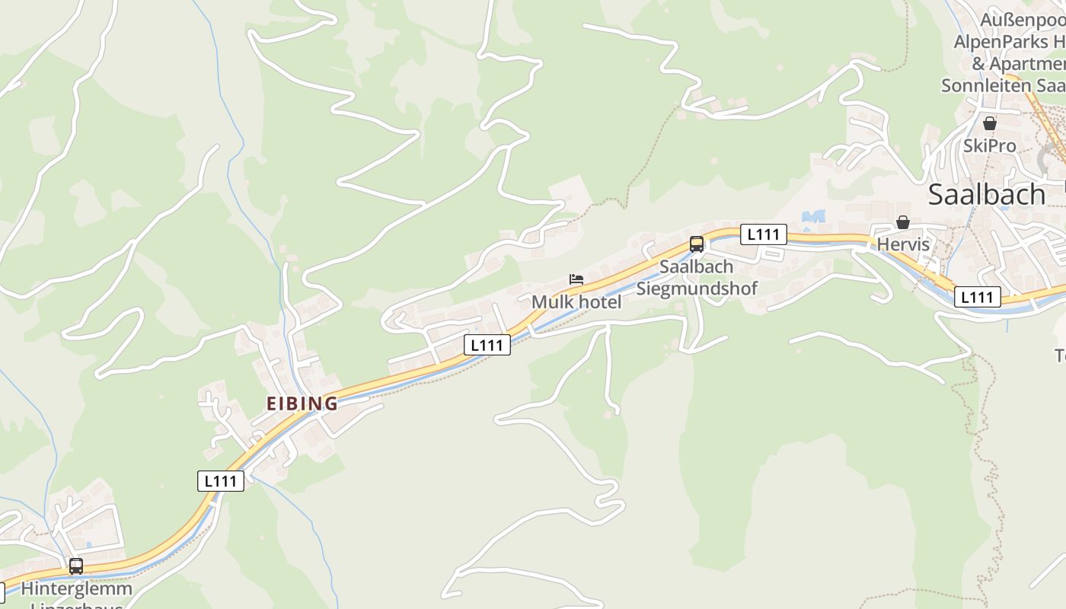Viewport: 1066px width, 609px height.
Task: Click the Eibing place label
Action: (x=302, y=403)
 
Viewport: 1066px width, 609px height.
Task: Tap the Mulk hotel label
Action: (x=576, y=302)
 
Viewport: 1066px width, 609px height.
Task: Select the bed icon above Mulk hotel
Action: (x=576, y=279)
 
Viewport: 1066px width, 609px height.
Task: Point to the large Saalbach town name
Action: (x=987, y=195)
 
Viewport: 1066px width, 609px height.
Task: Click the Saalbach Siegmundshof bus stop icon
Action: (x=696, y=244)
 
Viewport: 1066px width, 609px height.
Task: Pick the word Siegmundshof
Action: (x=697, y=289)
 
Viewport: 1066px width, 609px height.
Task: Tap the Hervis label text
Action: (x=903, y=244)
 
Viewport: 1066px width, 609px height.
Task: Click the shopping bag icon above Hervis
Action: (x=902, y=222)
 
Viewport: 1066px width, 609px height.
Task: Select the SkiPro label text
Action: (x=989, y=145)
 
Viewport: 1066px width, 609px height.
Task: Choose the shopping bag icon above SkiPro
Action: (x=989, y=123)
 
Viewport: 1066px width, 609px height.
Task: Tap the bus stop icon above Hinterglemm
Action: (x=76, y=566)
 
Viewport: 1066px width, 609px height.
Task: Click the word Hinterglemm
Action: (x=76, y=588)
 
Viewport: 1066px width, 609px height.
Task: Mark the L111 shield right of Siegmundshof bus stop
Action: (x=763, y=234)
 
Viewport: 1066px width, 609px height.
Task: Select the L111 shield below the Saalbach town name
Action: (x=977, y=298)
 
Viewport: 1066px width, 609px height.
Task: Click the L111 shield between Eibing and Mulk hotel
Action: (x=487, y=345)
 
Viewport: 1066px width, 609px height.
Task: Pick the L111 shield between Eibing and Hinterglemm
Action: (x=221, y=481)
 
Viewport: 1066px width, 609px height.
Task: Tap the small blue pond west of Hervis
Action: (x=813, y=217)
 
